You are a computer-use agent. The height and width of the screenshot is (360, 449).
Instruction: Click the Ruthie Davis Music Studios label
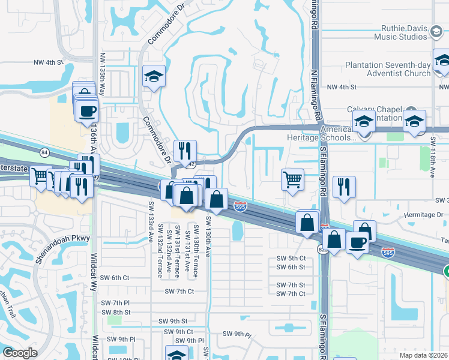pyautogui.click(x=405, y=32)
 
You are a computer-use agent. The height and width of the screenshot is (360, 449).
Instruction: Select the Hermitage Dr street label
pyautogui.click(x=423, y=214)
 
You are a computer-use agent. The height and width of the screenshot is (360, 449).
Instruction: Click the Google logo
pyautogui.click(x=20, y=352)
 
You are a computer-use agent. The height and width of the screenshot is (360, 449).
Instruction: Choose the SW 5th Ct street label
pyautogui.click(x=291, y=258)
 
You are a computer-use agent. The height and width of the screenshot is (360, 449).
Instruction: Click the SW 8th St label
pyautogui.click(x=116, y=312)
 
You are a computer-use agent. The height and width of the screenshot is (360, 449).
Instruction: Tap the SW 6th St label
pyautogui.click(x=291, y=268)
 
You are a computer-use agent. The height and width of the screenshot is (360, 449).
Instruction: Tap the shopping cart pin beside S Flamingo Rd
pyautogui.click(x=292, y=179)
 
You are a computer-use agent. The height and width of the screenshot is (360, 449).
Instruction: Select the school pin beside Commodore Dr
pyautogui.click(x=154, y=76)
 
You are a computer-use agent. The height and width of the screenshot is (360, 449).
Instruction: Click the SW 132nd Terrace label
pyautogui.click(x=160, y=250)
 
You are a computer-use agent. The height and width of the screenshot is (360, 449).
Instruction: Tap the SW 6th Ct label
pyautogui.click(x=115, y=277)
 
